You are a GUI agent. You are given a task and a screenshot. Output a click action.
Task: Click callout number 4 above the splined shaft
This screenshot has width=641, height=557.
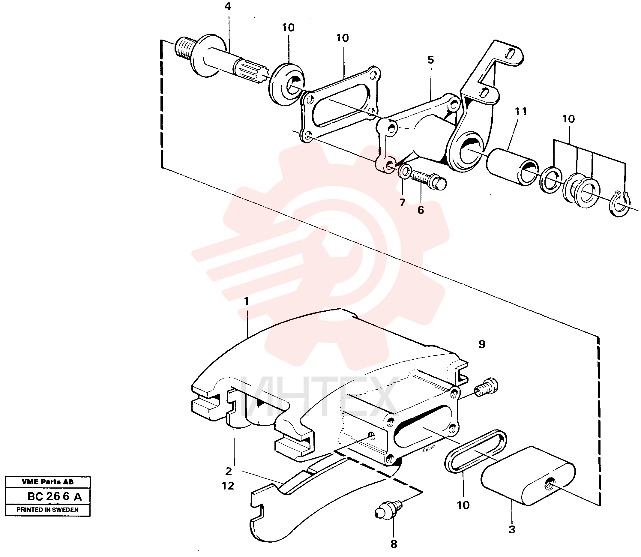pos(228,7)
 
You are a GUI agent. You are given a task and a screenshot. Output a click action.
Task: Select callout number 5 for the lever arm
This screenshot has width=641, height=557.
pos(430,60)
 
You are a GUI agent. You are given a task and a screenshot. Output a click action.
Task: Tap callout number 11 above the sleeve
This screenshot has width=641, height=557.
pos(521,111)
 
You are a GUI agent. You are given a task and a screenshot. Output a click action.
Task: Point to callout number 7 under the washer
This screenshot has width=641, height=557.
pos(403,203)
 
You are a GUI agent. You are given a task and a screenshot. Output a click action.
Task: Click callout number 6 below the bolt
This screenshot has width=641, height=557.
pos(421,210)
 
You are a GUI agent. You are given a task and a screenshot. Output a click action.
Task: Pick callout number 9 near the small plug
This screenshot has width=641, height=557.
pos(482,344)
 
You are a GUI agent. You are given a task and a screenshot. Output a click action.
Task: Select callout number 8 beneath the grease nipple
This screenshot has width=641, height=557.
pos(394,544)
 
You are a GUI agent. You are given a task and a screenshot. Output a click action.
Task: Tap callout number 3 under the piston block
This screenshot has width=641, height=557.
pos(512,529)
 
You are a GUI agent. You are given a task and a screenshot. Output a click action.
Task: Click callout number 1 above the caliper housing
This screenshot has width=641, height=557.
pos(247,301)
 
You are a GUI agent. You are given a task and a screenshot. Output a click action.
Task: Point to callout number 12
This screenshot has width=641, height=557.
pos(228,486)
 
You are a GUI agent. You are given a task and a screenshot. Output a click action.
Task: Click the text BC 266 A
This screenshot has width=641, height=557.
pos(55,496)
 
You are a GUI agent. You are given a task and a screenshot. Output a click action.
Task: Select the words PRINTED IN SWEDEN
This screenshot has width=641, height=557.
pos(48,510)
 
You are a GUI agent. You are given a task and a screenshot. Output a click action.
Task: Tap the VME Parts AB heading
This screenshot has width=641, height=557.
pos(48,482)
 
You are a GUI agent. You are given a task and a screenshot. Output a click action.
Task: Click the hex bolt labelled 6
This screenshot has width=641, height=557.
pos(429,180)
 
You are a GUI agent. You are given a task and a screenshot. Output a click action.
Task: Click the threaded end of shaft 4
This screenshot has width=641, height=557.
pos(185,49)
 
